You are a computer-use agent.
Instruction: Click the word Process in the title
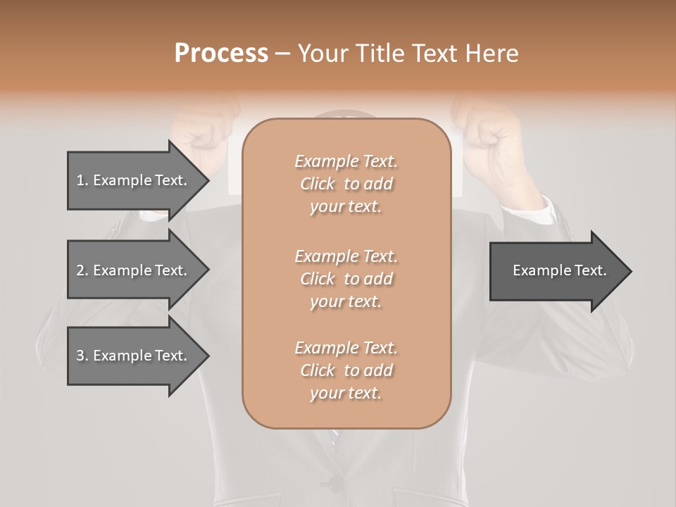(221, 53)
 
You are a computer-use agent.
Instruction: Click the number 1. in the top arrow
(82, 180)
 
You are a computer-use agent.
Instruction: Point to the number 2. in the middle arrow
(82, 270)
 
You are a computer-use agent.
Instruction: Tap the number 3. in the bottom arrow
(82, 356)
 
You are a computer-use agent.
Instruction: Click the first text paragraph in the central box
(346, 184)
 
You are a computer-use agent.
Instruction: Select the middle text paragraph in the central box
(346, 279)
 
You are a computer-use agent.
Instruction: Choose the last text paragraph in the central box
(346, 370)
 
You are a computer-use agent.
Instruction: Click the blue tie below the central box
(335, 438)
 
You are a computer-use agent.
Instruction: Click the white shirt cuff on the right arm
(530, 208)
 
